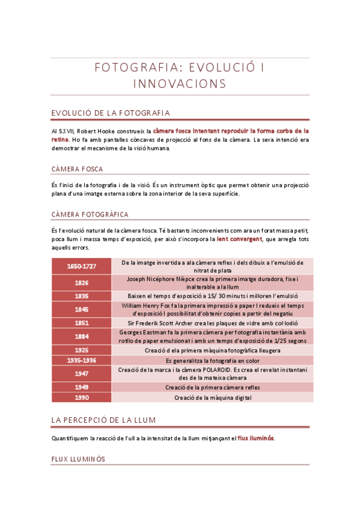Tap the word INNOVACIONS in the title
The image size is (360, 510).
[180, 84]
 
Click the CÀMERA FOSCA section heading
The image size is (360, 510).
[77, 169]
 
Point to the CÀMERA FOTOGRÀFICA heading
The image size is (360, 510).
[90, 214]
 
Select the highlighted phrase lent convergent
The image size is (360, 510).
[239, 239]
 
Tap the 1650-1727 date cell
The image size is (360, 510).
[82, 266]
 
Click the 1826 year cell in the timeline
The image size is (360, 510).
[82, 283]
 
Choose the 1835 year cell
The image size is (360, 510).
[82, 296]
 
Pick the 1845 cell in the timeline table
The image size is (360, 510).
[82, 310]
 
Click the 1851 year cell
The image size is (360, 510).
[82, 323]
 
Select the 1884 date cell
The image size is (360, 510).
[82, 337]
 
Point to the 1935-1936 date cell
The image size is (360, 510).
[82, 360]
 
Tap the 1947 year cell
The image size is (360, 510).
[82, 373]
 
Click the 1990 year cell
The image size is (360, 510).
[82, 398]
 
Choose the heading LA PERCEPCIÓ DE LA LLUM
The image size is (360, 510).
[104, 419]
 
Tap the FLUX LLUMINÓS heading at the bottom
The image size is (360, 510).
[78, 459]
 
